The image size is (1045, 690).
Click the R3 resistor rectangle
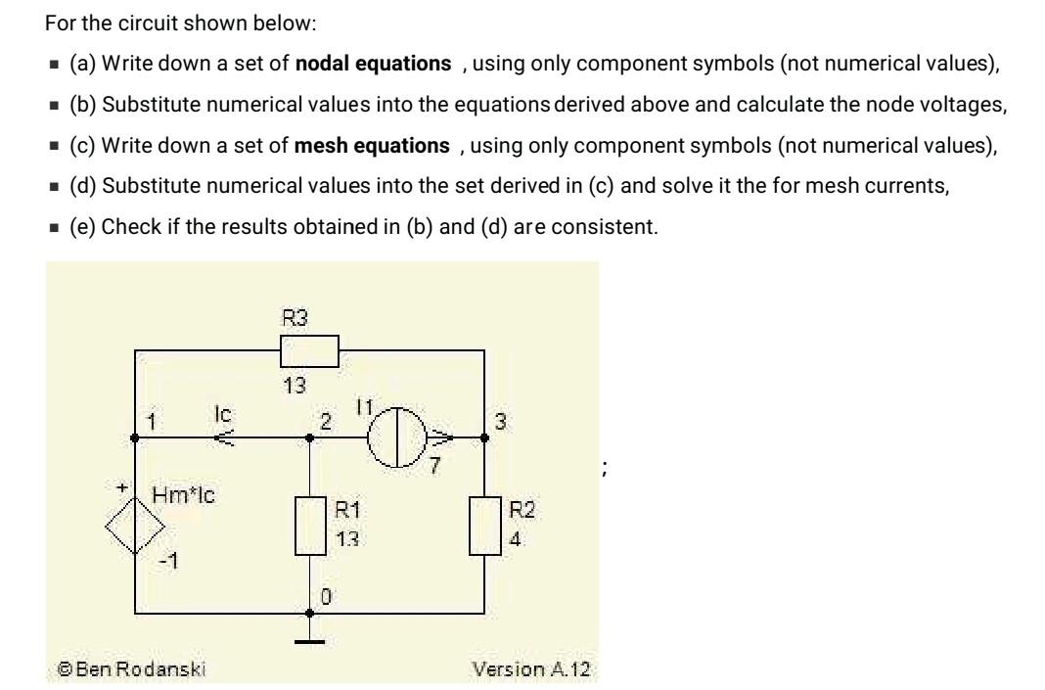click(309, 349)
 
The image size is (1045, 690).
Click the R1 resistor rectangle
click(310, 526)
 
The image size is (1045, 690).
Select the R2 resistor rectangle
click(486, 526)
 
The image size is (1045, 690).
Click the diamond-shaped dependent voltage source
click(133, 532)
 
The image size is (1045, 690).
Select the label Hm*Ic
click(181, 495)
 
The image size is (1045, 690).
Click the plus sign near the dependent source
click(124, 485)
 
